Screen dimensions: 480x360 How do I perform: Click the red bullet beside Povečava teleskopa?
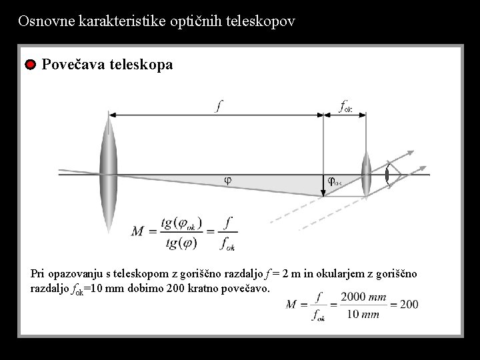pyautogui.click(x=30, y=65)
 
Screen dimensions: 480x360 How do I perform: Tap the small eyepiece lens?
pyautogui.click(x=365, y=175)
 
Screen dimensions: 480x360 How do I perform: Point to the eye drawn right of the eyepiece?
pyautogui.click(x=388, y=175)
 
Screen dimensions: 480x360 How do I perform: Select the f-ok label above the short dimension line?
pyautogui.click(x=345, y=105)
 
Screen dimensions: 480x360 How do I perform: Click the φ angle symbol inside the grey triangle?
pyautogui.click(x=227, y=180)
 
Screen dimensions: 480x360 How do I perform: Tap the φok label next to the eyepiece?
pyautogui.click(x=334, y=181)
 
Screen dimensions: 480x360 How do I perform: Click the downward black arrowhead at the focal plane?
pyautogui.click(x=323, y=193)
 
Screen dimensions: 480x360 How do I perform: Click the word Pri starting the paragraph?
pyautogui.click(x=39, y=273)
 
